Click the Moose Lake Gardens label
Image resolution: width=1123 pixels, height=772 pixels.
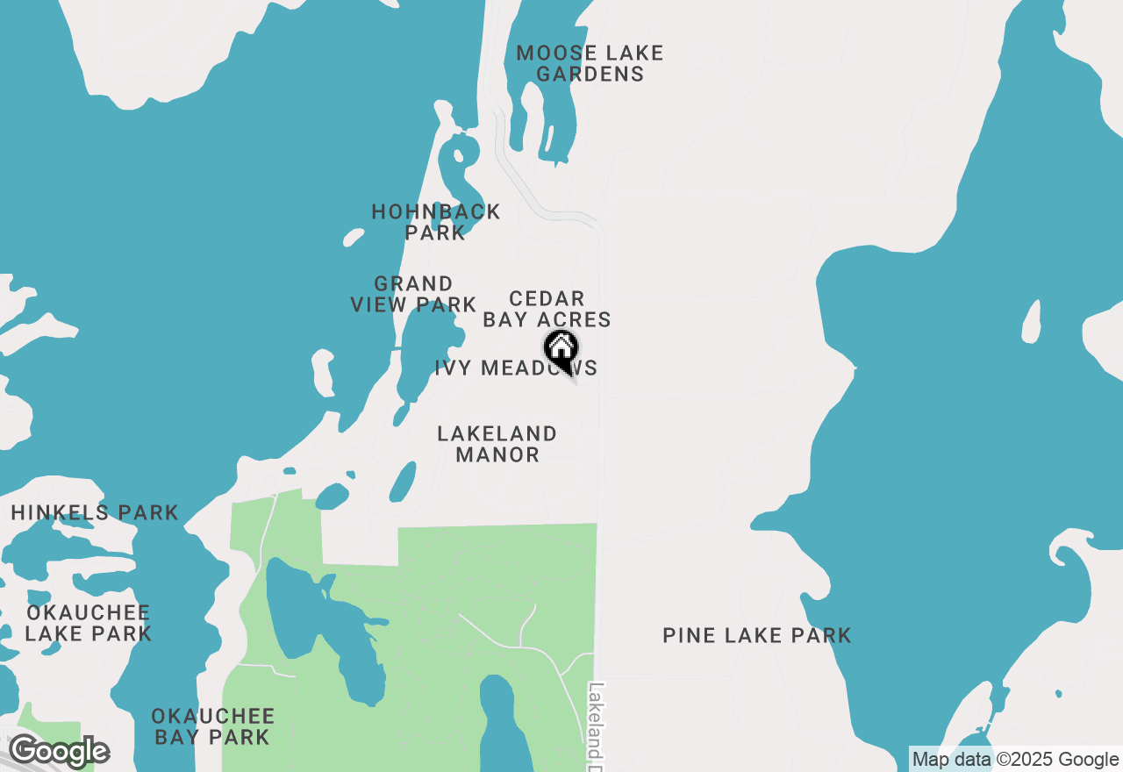(590, 64)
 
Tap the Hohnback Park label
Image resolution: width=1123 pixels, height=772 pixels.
(436, 222)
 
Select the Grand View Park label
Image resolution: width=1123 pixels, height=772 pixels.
(413, 294)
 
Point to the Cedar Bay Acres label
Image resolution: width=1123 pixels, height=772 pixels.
(547, 310)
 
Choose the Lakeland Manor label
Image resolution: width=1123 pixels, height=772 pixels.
(497, 444)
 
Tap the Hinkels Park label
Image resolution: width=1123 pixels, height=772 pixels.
(95, 512)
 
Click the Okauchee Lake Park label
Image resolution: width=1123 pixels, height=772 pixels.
(88, 623)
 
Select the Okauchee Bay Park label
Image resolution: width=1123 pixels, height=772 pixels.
(212, 727)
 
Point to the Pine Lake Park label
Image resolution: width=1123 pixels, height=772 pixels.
(756, 635)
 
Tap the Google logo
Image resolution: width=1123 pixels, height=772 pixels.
(58, 752)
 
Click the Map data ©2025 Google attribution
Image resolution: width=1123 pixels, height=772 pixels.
(1015, 760)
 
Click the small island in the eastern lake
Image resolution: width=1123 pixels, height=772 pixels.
(1032, 321)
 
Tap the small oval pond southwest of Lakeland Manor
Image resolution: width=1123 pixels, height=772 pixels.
(403, 482)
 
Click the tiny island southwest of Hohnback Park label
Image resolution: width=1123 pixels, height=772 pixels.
(354, 237)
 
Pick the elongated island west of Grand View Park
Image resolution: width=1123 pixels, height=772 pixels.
(322, 372)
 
